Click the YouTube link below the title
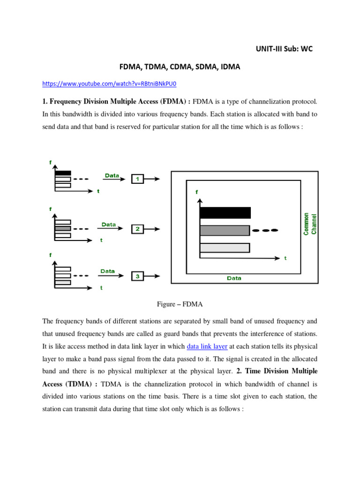[x=109, y=84]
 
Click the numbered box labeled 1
[x=137, y=179]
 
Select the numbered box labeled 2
[x=137, y=229]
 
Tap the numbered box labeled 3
[x=137, y=277]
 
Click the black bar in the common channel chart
[x=225, y=213]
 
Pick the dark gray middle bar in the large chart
[x=225, y=230]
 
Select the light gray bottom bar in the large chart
[x=225, y=247]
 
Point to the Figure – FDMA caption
[x=180, y=304]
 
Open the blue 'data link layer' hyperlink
[x=207, y=346]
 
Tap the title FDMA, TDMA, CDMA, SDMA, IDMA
[x=180, y=67]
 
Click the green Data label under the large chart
[x=234, y=278]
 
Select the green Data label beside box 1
[x=112, y=175]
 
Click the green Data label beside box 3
[x=107, y=271]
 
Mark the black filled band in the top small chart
[x=63, y=173]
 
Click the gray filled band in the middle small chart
[x=63, y=228]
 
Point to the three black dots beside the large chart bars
[x=265, y=230]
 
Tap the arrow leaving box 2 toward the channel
[x=152, y=229]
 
